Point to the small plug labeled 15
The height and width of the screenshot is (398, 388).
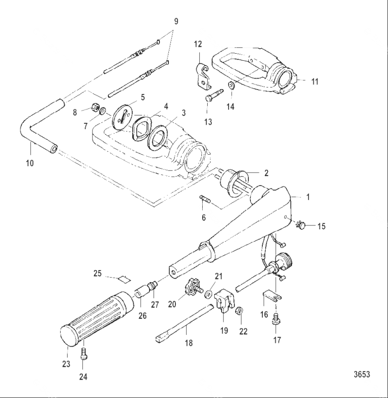[x=301, y=226]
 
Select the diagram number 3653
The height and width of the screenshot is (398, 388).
[x=362, y=375]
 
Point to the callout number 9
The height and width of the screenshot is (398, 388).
[x=175, y=22]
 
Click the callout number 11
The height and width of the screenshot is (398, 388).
[x=314, y=81]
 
